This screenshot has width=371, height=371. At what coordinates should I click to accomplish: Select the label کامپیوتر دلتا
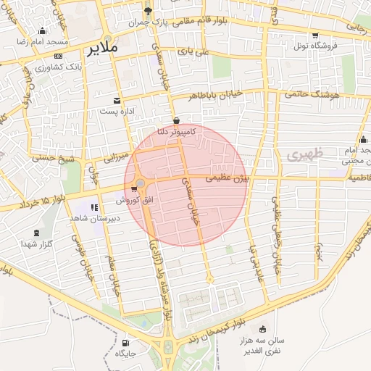coord(176,132)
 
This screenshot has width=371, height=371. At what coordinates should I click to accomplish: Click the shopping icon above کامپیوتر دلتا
coord(176,120)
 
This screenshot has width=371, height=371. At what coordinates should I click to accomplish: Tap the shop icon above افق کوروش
coord(134,188)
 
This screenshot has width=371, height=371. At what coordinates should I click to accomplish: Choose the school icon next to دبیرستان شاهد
coord(94,207)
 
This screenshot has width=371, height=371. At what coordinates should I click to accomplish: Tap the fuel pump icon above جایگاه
coord(127,343)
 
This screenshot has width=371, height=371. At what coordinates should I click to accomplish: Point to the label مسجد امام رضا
coord(43,41)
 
